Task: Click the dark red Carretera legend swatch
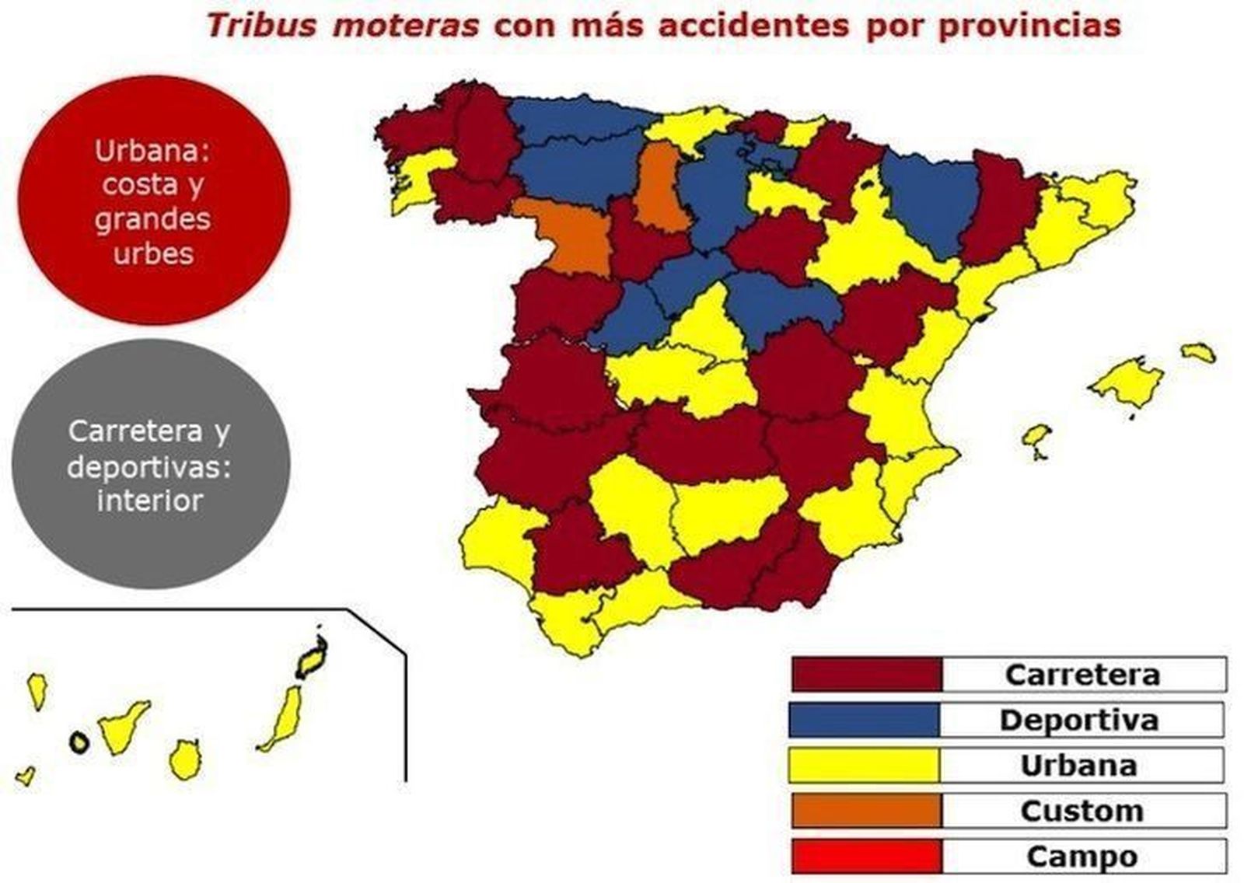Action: coord(866,675)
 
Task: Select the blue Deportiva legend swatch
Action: coord(864,720)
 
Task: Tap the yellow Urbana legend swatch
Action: coord(864,766)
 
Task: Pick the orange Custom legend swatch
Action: coord(866,811)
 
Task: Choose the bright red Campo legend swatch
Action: coord(866,857)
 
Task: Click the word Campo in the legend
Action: coord(1082,857)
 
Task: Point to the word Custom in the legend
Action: coord(1082,811)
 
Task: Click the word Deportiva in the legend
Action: coord(1079,720)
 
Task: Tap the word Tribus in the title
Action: coord(261,26)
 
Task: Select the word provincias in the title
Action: coord(1029,26)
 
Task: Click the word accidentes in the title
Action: coord(753,26)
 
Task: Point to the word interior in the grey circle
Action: coord(150,500)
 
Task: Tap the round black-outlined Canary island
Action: coord(79,742)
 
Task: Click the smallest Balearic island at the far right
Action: coord(1198,352)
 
